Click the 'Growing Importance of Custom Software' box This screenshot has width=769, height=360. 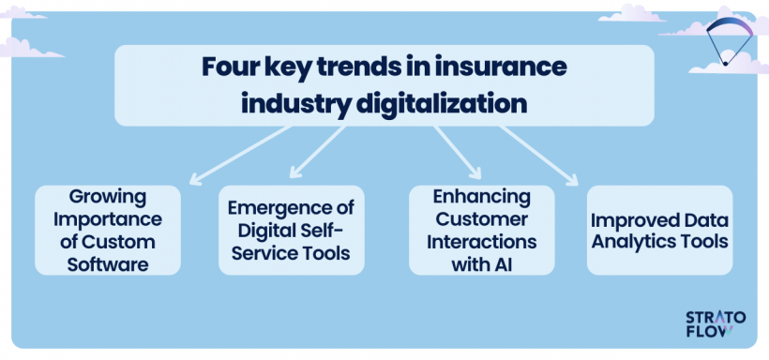coord(108,231)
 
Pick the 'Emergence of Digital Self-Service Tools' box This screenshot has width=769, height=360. coord(292,231)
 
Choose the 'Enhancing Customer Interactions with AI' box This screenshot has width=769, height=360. coord(481,231)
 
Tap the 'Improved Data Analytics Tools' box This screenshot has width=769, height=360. coord(659,231)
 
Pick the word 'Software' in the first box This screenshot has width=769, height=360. coord(108,264)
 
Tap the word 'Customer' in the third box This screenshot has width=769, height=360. coord(482,219)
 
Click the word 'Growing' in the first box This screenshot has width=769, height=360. coord(108,197)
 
